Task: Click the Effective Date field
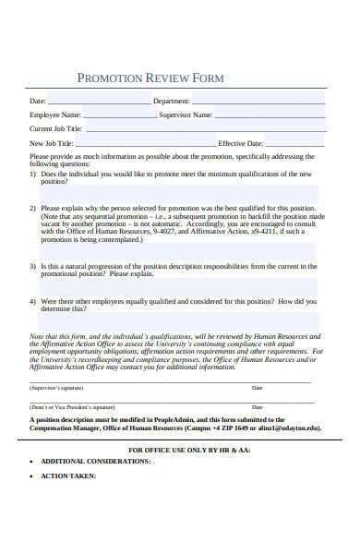click(x=294, y=144)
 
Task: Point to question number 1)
click(x=33, y=174)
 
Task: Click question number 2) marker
click(x=33, y=208)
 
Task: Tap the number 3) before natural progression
click(x=33, y=265)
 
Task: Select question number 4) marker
click(x=33, y=301)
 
